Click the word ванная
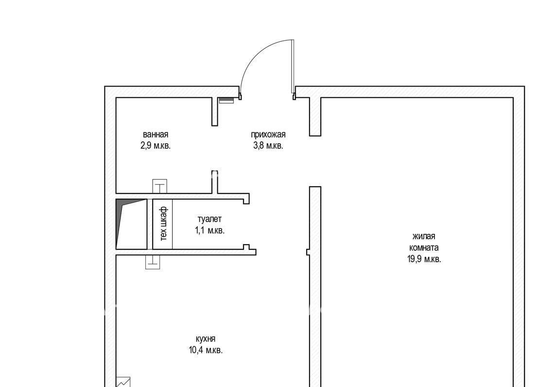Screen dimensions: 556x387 [156, 135]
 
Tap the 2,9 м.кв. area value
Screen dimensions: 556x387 [156, 145]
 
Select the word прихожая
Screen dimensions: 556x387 [268, 135]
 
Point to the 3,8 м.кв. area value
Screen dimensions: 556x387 [268, 145]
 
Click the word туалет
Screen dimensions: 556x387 [209, 219]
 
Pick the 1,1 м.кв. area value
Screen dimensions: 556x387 [209, 230]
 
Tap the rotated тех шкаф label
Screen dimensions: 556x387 [163, 224]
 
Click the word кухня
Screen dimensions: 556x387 [206, 339]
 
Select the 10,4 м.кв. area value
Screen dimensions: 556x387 [206, 350]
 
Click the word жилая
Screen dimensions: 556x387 [424, 236]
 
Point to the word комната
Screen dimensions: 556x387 [424, 247]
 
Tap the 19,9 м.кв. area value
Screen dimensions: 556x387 [424, 259]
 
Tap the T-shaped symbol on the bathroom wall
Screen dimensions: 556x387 [159, 187]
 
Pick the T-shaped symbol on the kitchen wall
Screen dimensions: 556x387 [153, 262]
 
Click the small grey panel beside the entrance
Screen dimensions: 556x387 [226, 100]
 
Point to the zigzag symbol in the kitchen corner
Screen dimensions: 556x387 [123, 382]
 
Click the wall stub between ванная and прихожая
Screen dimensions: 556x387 [214, 111]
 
